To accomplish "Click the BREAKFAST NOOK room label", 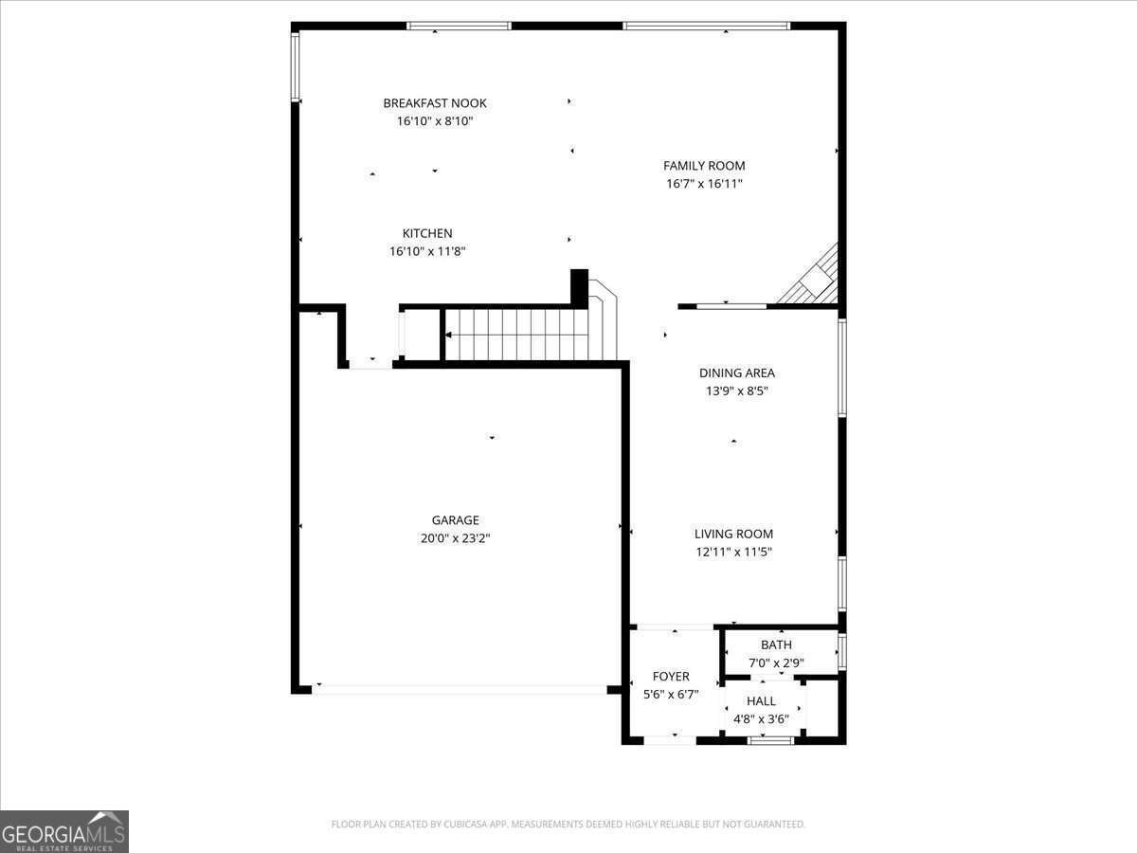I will tap(435, 103).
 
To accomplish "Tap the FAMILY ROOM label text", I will tap(704, 166).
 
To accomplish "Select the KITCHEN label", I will tap(427, 233).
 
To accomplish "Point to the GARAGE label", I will tap(456, 520).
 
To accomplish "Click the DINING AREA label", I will tap(737, 373).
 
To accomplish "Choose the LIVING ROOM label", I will tap(733, 535).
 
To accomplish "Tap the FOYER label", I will tap(671, 677).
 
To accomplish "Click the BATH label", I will tap(776, 645).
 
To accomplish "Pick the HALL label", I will tap(761, 701).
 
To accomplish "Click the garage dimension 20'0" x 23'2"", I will tap(456, 538).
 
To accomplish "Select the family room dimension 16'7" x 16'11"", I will tap(704, 184).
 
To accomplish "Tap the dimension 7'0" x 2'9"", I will tap(776, 663).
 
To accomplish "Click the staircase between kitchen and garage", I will tap(516, 335).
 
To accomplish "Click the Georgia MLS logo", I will tap(64, 831).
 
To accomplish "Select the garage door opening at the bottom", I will tap(460, 689).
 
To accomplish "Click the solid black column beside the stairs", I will tap(579, 287).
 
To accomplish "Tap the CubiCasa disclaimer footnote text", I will tap(568, 825).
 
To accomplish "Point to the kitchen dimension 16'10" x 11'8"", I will tap(427, 251).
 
